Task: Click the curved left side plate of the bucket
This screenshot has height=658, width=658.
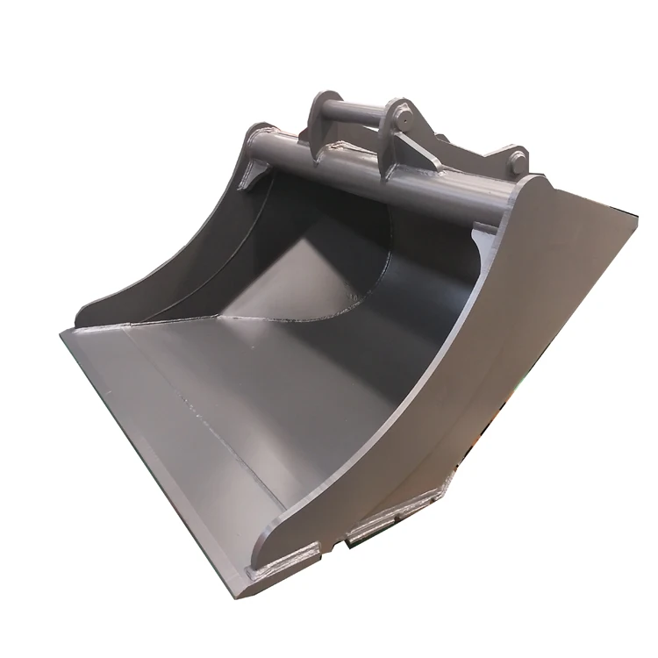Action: click(x=175, y=254)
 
